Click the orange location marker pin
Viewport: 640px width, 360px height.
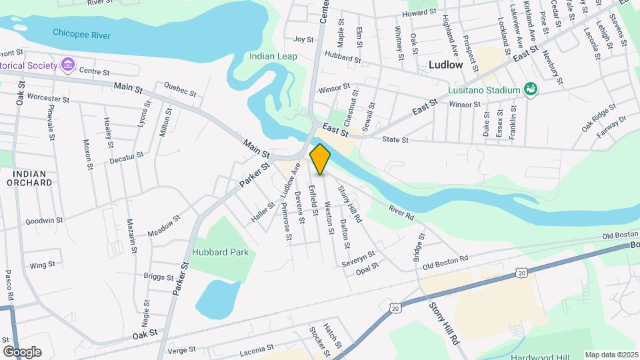tap(320, 159)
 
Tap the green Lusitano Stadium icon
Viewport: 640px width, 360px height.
tap(531, 89)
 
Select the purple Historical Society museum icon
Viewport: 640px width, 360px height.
tap(67, 65)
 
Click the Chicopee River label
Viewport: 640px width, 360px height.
tap(82, 35)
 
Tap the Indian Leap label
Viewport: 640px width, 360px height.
tap(273, 57)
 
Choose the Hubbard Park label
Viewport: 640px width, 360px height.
tap(220, 252)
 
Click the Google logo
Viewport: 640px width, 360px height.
tap(22, 351)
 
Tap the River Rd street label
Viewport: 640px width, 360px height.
tap(401, 213)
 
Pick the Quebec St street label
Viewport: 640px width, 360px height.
tap(179, 90)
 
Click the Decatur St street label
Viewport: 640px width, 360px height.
tap(127, 158)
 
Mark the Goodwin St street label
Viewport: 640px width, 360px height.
tap(44, 220)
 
